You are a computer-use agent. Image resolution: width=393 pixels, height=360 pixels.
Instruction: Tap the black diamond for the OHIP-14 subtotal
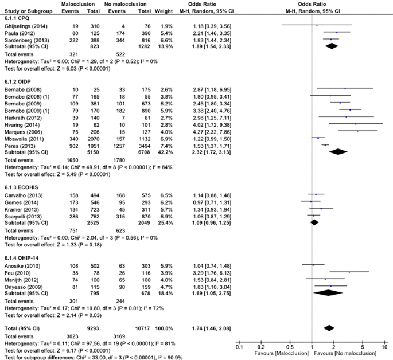pyautogui.click(x=328, y=293)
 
